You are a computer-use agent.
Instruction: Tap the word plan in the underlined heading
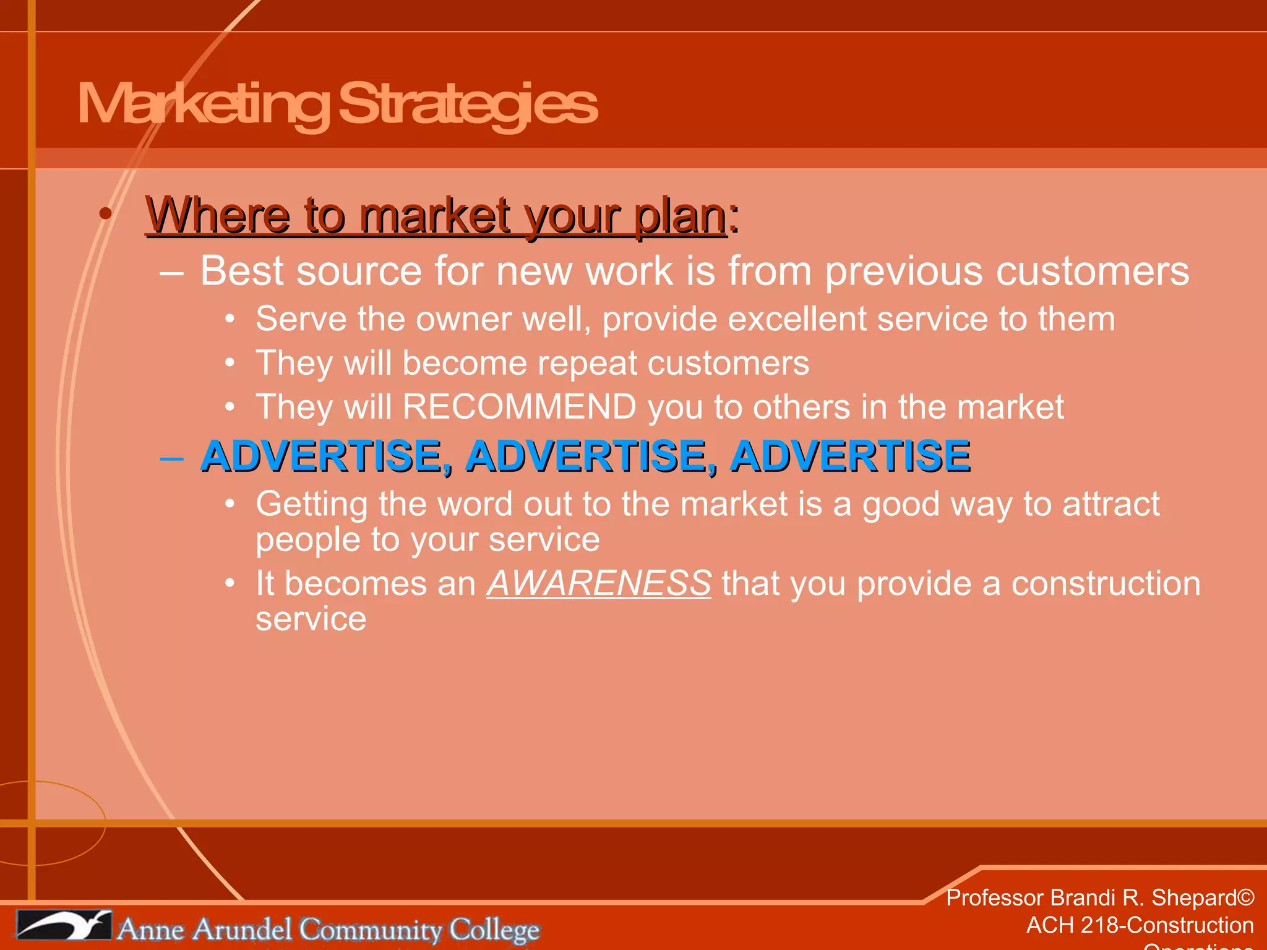(681, 216)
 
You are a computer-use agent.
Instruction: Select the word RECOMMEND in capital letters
(520, 407)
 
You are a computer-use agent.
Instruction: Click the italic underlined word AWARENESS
(599, 583)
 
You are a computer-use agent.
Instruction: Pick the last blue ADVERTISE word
(850, 456)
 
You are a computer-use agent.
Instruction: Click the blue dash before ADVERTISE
(171, 459)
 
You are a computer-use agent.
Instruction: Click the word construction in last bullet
(1106, 584)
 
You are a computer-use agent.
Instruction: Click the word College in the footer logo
(494, 930)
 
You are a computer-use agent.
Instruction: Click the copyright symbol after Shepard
(1246, 897)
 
